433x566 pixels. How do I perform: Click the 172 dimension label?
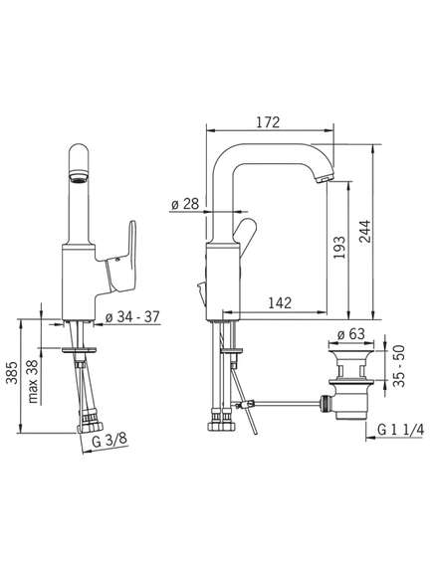268,122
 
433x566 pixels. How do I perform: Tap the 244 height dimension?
364,232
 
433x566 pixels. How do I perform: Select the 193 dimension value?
339,248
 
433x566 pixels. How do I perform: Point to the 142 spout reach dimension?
280,302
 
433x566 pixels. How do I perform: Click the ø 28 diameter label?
185,204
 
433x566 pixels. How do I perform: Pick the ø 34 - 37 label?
132,317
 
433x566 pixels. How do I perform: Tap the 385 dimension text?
12,373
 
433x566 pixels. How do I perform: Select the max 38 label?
33,381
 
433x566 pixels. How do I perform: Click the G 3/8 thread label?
108,441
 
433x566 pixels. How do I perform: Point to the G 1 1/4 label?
400,430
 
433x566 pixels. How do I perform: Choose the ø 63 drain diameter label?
351,334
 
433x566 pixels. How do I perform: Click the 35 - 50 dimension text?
399,366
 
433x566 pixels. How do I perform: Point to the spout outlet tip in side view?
324,178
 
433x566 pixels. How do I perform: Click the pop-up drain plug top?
351,346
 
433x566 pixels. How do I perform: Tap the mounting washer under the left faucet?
79,350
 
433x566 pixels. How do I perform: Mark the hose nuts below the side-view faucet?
221,421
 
